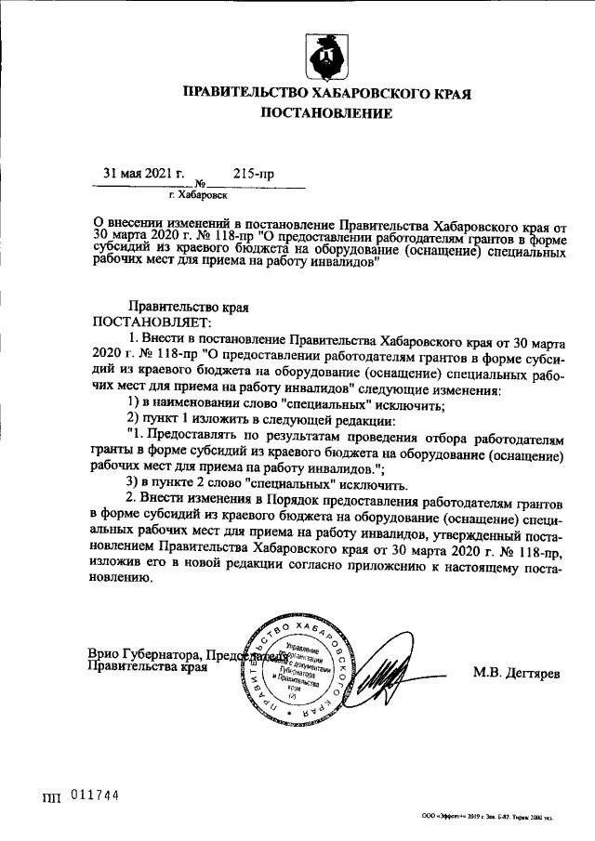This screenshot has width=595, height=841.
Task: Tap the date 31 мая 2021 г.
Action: [x=144, y=174]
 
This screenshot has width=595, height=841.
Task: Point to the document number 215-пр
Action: [x=253, y=174]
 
